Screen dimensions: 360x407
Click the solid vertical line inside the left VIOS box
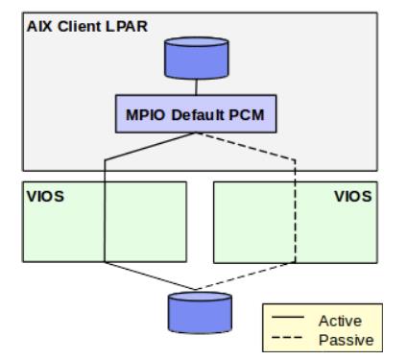tap(104, 221)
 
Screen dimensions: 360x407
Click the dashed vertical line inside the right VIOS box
tap(294, 221)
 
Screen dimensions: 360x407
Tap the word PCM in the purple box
tap(247, 116)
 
